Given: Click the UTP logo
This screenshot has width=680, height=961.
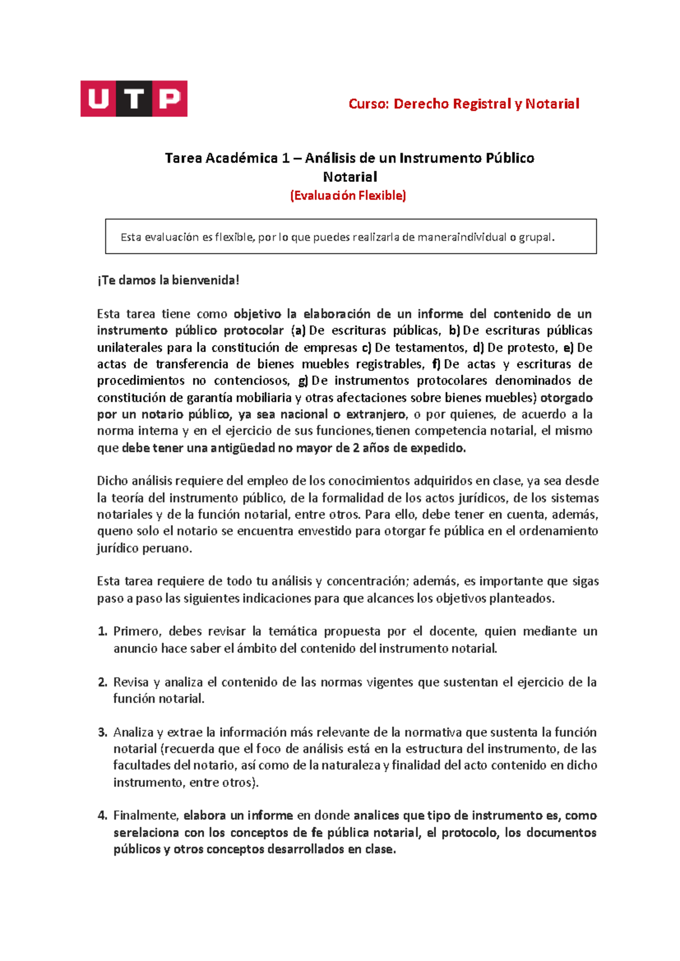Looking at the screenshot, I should [x=134, y=99].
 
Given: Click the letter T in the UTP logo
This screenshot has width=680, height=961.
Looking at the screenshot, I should [x=134, y=99].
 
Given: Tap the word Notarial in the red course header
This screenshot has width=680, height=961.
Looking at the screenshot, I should [x=552, y=104].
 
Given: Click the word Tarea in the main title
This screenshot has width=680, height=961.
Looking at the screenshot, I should [x=183, y=158].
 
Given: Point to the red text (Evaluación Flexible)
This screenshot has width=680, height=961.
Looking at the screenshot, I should [x=348, y=196].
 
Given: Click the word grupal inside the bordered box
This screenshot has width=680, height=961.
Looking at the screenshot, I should [x=535, y=237].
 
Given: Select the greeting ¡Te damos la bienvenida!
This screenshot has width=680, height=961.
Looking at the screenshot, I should [x=168, y=280].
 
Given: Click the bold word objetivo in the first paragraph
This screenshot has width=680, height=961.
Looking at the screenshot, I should [x=257, y=314].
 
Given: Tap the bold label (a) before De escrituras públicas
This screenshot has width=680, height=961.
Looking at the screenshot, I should [x=298, y=330].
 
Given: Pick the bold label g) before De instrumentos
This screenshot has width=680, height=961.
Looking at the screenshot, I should [x=303, y=381].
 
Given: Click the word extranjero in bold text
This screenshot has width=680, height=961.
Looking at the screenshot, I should [x=376, y=414].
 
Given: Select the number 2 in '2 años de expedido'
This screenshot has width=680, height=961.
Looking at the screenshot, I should [x=356, y=448].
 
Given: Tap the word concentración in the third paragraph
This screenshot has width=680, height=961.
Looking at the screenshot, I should [x=366, y=581].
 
